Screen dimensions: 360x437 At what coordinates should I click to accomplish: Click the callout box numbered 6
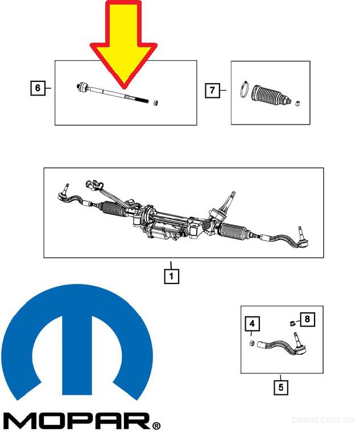[x=38, y=88]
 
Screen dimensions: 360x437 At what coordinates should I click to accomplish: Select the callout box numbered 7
[x=212, y=90]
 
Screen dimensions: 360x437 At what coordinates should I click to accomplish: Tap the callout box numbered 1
[x=171, y=276]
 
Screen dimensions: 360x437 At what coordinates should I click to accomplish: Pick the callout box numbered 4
[x=252, y=324]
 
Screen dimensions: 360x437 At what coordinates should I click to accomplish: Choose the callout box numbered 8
[x=307, y=319]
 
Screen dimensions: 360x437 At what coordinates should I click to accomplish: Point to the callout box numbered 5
[x=280, y=387]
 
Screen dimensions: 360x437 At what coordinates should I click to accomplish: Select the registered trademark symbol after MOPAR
[x=156, y=426]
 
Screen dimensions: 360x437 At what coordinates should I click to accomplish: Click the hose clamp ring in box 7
[x=245, y=89]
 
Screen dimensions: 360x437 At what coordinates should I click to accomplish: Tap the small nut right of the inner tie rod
[x=156, y=102]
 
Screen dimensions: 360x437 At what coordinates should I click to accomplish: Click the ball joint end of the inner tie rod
[x=82, y=87]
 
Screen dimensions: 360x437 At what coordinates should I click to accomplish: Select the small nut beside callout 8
[x=292, y=323]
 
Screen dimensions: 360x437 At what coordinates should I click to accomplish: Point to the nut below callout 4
[x=251, y=343]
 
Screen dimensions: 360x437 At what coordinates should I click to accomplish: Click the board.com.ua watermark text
[x=322, y=419]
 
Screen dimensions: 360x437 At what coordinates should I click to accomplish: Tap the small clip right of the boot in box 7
[x=297, y=104]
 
